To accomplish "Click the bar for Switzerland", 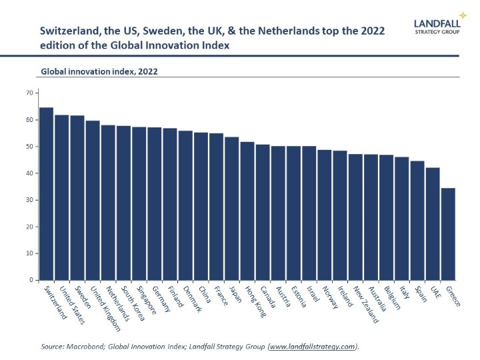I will [47, 193].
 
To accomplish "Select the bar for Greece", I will [448, 233].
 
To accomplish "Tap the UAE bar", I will [433, 223].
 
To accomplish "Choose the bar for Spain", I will [417, 220].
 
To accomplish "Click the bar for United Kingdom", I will [93, 200].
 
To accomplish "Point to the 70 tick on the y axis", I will [30, 93].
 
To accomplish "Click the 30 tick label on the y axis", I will [30, 200].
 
